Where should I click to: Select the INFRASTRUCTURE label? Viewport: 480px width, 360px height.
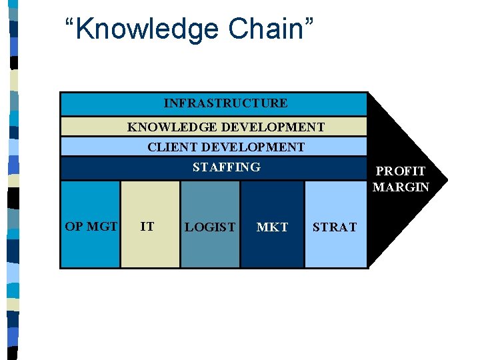[226, 103]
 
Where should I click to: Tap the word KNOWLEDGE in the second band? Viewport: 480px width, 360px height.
[171, 127]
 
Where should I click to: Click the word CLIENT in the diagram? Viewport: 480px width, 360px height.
[172, 147]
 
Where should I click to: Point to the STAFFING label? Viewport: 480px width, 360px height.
[227, 167]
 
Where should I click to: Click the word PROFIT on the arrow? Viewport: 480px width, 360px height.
[400, 171]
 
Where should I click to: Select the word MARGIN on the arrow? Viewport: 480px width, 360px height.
[401, 187]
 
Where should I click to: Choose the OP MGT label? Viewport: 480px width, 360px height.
[91, 226]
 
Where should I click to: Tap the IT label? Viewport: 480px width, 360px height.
[147, 226]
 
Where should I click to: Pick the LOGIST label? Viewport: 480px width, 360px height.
[210, 227]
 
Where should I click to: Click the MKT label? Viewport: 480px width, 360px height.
[272, 227]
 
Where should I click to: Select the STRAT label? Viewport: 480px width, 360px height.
[335, 227]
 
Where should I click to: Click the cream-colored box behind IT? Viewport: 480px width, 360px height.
[150, 200]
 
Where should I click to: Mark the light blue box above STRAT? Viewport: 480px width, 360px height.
[335, 200]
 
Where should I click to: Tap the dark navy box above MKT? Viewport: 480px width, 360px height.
[272, 200]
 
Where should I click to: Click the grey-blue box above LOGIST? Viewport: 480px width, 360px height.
[210, 200]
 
